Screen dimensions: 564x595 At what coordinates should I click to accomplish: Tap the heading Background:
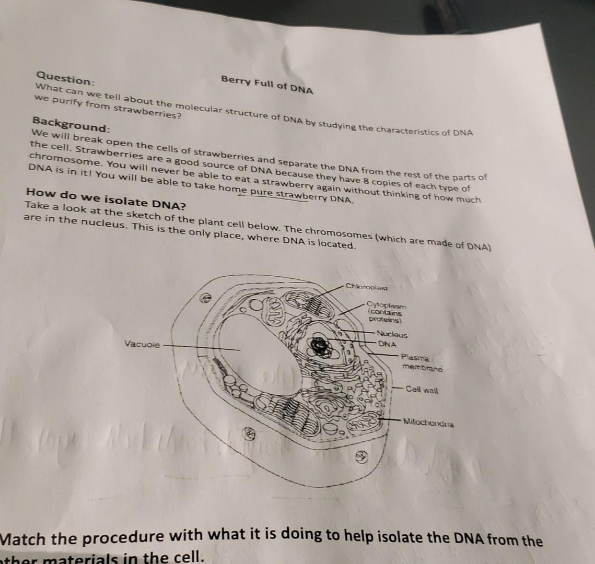pos(71,123)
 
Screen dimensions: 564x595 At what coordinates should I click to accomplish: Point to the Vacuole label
pos(142,344)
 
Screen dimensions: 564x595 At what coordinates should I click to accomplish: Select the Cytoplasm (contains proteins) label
pos(386,312)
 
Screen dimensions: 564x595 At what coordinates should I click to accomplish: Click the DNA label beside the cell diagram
pos(387,344)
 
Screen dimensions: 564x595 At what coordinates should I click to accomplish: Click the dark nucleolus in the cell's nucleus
pos(321,345)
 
